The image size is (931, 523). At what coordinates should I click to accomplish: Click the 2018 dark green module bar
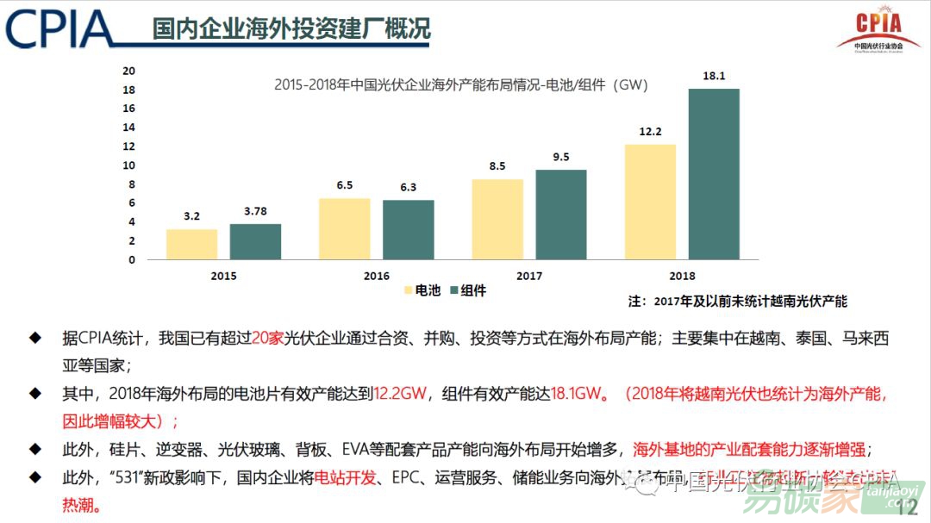click(714, 173)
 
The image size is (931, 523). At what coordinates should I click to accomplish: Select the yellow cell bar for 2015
click(191, 244)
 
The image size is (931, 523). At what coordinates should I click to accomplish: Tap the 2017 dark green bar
click(561, 214)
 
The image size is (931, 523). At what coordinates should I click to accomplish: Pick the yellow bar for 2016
click(345, 228)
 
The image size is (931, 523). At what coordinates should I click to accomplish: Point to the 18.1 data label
click(714, 76)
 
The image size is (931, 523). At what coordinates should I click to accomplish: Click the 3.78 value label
click(255, 212)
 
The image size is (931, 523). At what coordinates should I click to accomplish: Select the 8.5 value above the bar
click(497, 166)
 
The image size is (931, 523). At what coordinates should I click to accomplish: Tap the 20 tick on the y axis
click(128, 71)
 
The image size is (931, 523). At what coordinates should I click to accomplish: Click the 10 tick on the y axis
click(128, 165)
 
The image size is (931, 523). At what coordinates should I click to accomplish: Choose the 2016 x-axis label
click(376, 277)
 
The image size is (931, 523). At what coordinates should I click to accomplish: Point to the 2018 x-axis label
click(682, 277)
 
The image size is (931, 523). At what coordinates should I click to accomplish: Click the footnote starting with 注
click(737, 301)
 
